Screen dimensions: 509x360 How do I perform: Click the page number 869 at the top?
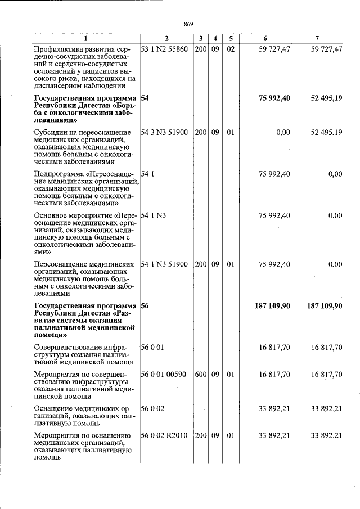[x=188, y=24]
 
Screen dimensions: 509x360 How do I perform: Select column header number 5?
[x=231, y=38]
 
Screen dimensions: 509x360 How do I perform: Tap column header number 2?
[x=166, y=38]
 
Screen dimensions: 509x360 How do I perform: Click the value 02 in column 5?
[x=231, y=50]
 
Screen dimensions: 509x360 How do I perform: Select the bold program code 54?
[x=145, y=98]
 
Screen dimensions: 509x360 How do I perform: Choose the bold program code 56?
[x=145, y=305]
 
